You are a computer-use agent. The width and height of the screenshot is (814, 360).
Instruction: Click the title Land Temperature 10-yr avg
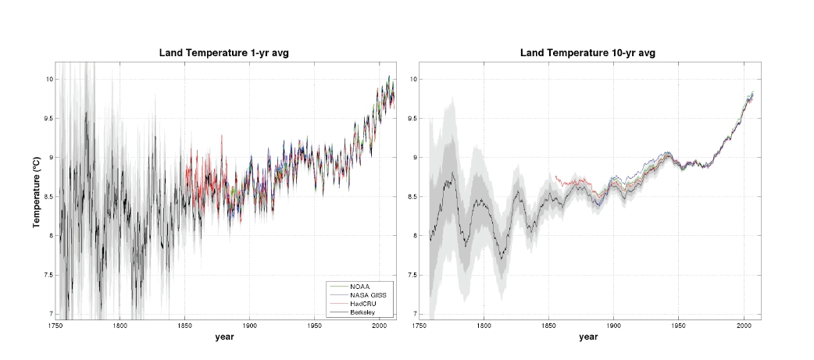[587, 52]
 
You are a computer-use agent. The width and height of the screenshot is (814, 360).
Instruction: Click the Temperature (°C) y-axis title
[36, 191]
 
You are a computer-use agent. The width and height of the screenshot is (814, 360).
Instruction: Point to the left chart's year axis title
[225, 337]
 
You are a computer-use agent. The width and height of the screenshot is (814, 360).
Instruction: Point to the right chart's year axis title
[589, 337]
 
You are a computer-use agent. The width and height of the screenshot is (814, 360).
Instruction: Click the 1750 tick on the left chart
[55, 325]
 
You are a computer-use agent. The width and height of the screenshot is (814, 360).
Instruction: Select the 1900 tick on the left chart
[249, 325]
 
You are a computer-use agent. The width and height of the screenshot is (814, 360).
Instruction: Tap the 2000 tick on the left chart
[378, 325]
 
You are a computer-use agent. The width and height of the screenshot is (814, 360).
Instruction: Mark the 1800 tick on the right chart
[484, 325]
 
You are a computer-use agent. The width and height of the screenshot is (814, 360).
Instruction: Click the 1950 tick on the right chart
[678, 325]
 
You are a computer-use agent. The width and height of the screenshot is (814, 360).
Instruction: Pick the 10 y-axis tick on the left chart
[48, 79]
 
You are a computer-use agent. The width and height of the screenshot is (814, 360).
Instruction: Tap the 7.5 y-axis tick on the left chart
[46, 275]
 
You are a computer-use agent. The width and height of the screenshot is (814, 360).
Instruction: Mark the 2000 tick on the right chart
[742, 325]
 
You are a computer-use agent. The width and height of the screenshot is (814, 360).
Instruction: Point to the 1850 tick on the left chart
[184, 325]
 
